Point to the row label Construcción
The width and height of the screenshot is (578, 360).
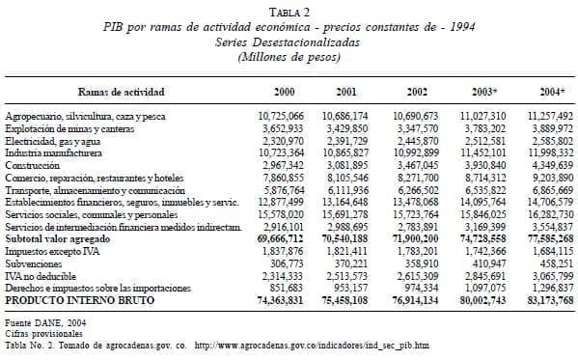(x=36, y=166)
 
